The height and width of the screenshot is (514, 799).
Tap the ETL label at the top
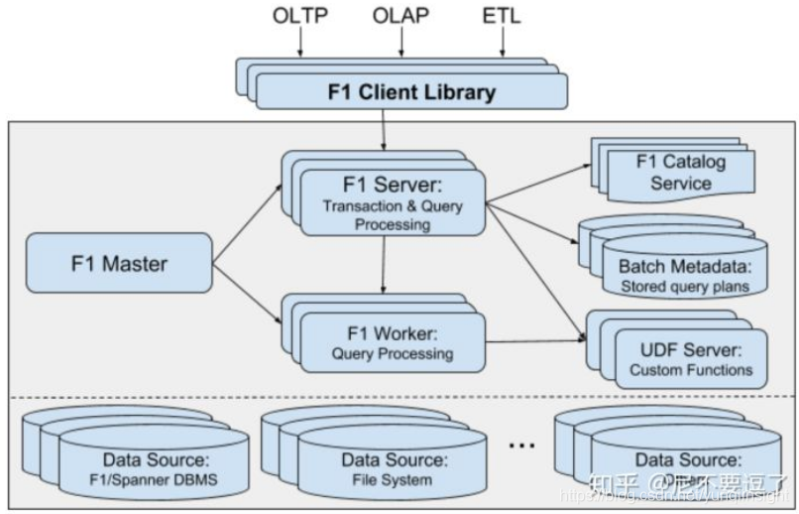coord(502,16)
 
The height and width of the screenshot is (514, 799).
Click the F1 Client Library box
coord(410,93)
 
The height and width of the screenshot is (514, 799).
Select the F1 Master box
coord(119,265)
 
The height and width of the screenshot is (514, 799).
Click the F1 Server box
coord(393,203)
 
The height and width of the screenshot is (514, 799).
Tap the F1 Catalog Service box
coord(680,173)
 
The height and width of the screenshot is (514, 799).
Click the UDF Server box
coord(690,359)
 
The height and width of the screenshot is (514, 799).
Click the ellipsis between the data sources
coord(522,446)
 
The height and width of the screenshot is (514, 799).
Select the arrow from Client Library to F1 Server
coord(383,129)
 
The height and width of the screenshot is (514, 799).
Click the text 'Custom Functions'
coord(691,370)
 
